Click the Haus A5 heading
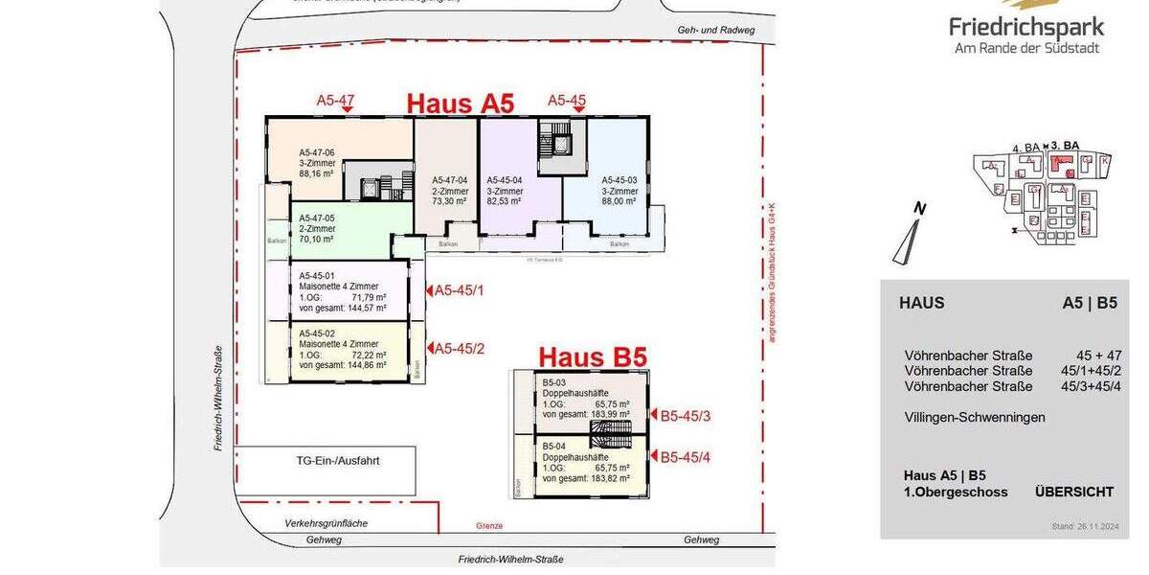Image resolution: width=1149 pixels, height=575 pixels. pos(461,103)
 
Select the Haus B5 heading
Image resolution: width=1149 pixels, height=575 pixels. pos(593,357)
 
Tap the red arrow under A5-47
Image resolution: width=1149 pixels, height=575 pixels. pos(347,111)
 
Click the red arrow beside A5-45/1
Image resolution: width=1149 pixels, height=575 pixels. pos(429,290)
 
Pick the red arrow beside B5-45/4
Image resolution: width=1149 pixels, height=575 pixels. pos(654,458)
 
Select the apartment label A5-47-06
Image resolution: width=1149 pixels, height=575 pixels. pos(316,152)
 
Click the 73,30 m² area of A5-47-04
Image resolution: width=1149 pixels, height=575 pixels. pos(449,201)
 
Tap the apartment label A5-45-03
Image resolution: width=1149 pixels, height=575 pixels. pos(619,179)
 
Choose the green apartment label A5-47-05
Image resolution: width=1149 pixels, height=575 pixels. pos(316,218)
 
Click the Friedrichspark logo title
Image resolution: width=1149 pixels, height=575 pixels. pos(1026,27)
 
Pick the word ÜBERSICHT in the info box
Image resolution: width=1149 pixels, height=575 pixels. pos(1074,492)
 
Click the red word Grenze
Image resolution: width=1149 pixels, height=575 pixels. pos(488,526)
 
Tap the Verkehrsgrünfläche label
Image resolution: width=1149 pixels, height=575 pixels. pos(326,523)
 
